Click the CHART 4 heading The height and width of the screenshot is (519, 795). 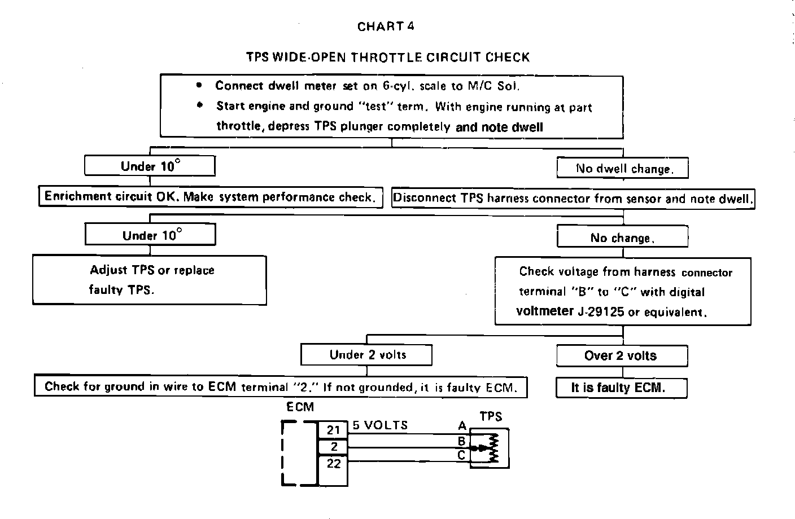(386, 27)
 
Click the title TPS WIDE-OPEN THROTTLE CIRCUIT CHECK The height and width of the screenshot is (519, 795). (388, 57)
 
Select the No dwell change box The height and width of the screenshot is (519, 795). (623, 169)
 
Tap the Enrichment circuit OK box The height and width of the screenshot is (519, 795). (210, 197)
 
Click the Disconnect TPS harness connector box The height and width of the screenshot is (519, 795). (573, 199)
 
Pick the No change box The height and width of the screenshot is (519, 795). (622, 237)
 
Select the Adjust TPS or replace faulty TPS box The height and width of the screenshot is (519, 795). (150, 280)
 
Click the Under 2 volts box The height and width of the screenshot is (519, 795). (367, 355)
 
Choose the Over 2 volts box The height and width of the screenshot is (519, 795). (622, 356)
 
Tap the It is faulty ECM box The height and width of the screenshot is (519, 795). (621, 388)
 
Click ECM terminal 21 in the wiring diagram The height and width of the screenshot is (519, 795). (334, 430)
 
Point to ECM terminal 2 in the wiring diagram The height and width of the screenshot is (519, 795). (334, 447)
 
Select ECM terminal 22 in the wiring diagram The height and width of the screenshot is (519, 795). (334, 463)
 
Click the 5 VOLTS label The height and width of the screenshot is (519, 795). (381, 425)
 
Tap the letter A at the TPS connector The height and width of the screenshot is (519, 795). (462, 426)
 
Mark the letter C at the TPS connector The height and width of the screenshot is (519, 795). (461, 455)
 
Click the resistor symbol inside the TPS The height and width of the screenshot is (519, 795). (493, 448)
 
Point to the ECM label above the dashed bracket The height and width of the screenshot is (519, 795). (300, 407)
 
